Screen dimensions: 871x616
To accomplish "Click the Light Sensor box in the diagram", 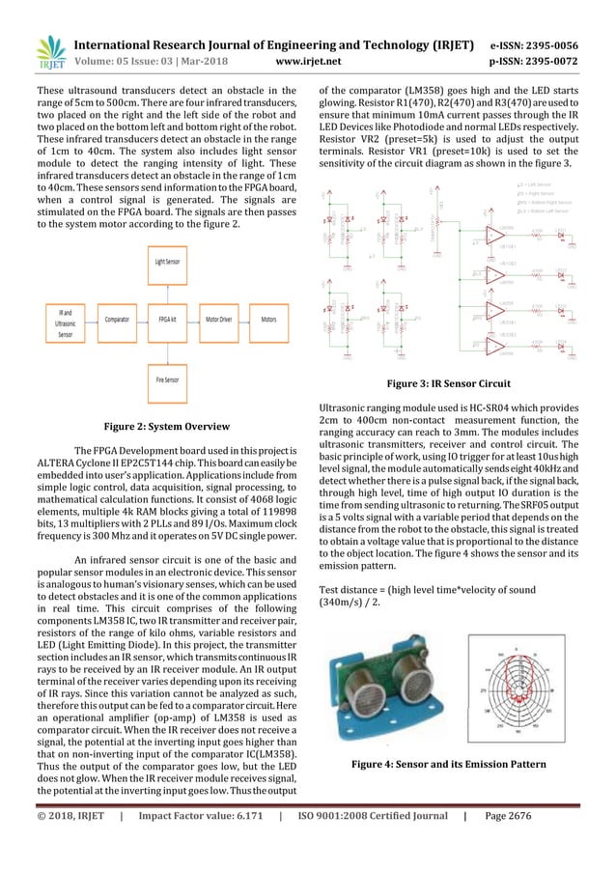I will pos(167,262).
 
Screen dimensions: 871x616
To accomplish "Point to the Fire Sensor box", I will pos(167,379).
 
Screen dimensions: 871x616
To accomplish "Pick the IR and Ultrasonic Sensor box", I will pos(66,322).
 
